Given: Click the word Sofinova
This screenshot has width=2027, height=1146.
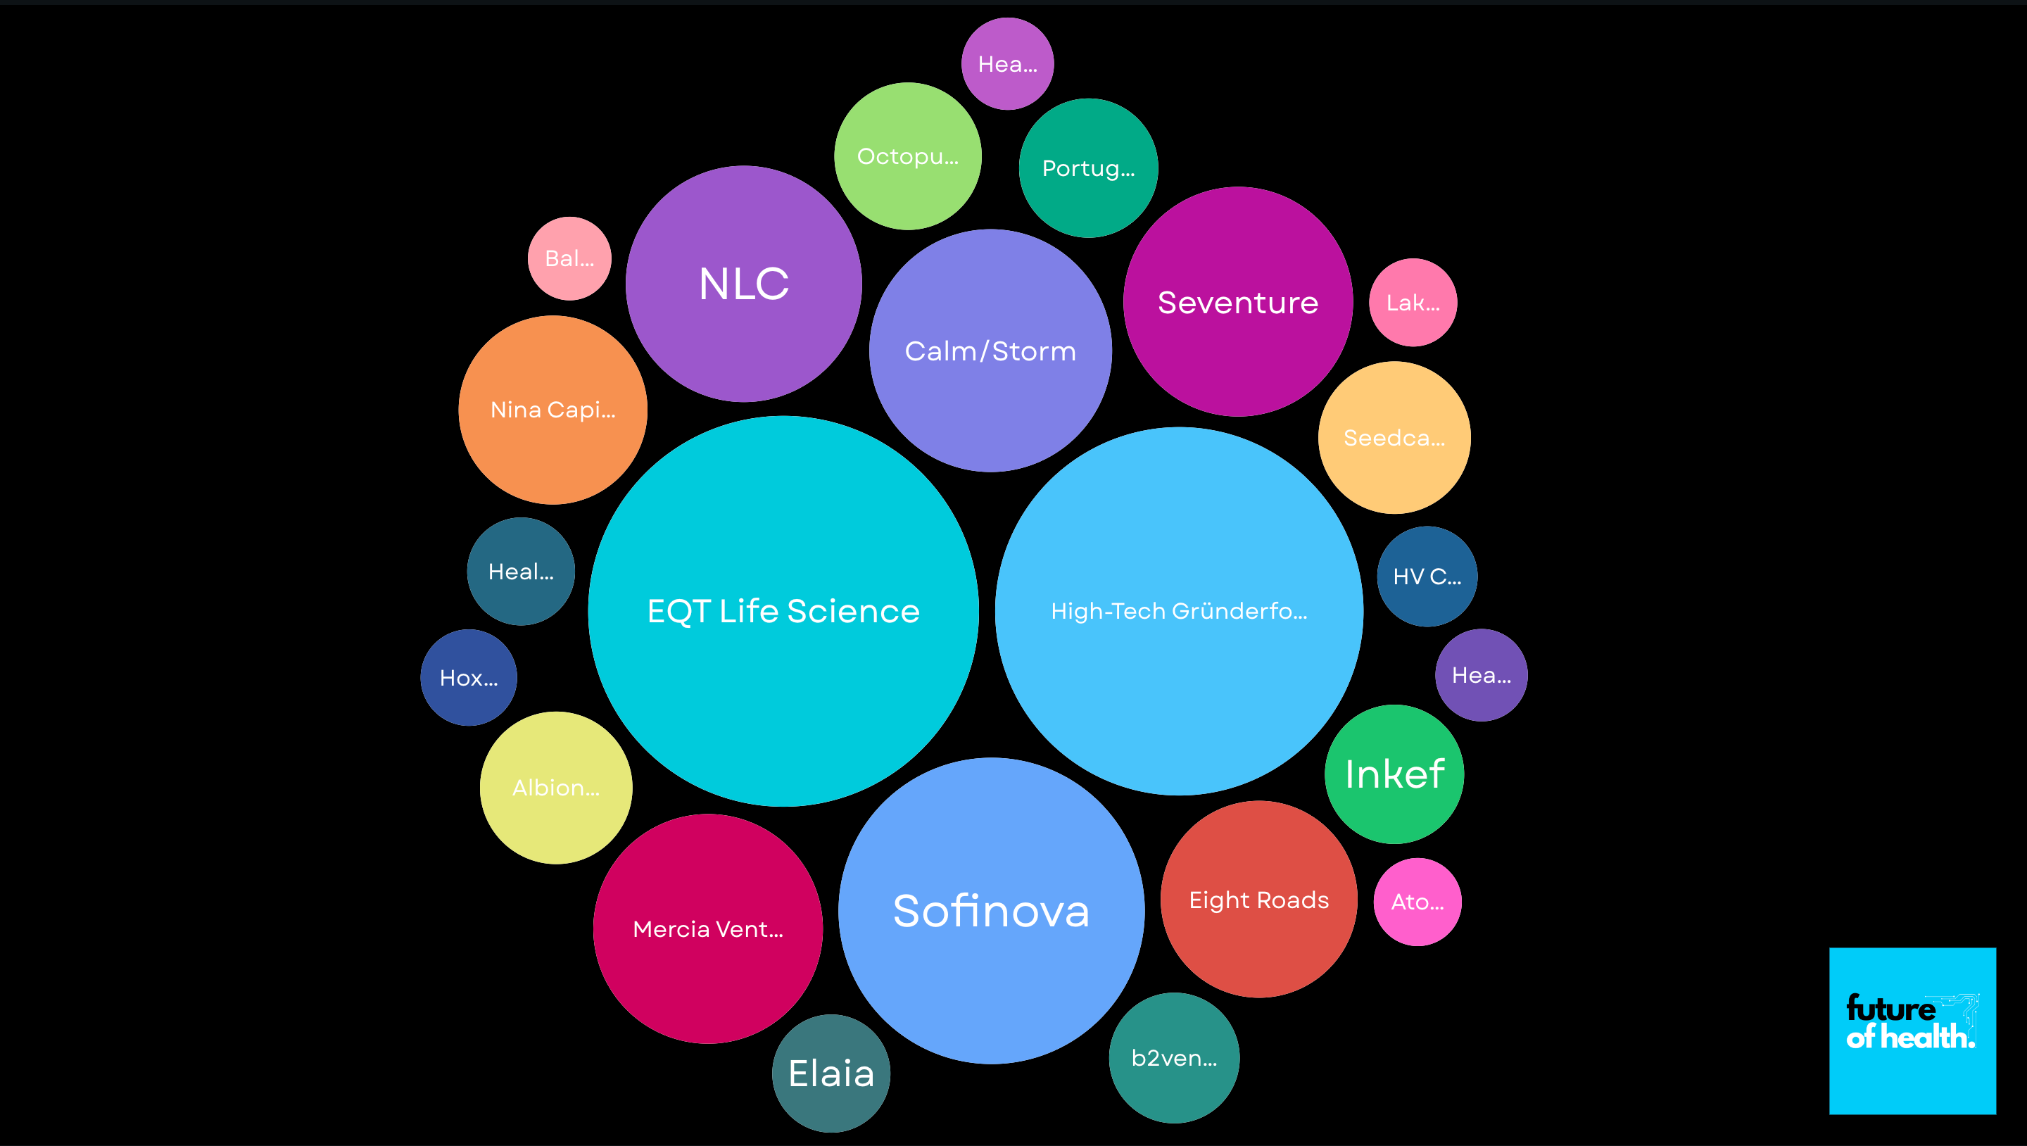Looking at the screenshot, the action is [991, 911].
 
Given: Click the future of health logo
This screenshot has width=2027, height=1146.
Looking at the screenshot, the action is [1912, 1031].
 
